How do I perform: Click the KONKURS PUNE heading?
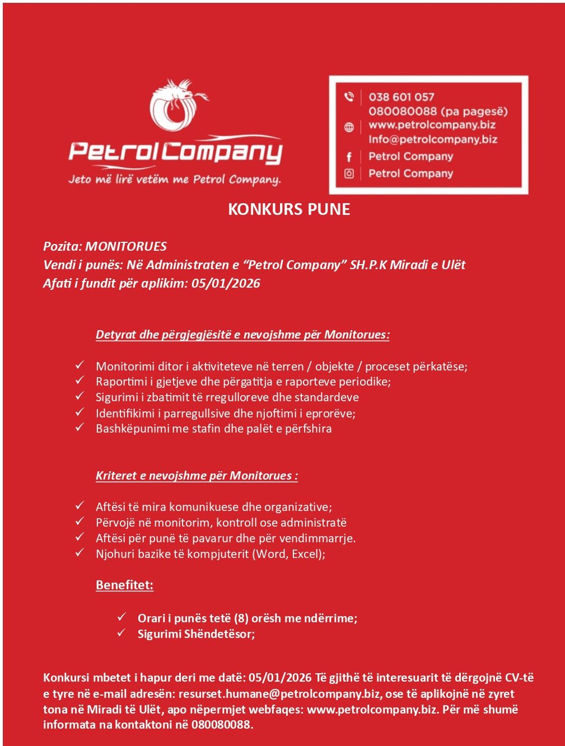(x=289, y=209)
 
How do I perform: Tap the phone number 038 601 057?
(x=401, y=97)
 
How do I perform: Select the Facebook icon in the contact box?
(x=349, y=157)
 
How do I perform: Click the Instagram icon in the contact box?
(x=349, y=173)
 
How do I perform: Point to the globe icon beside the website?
(x=349, y=127)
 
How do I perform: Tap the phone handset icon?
(x=349, y=97)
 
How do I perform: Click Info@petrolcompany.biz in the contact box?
(x=432, y=139)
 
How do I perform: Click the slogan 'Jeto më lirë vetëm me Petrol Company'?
(x=174, y=180)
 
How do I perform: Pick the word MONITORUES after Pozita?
(x=126, y=246)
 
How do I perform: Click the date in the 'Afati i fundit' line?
(x=226, y=283)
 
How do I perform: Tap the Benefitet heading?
(x=124, y=585)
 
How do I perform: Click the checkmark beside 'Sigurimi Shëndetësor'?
(x=122, y=633)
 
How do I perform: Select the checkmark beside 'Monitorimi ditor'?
(x=80, y=365)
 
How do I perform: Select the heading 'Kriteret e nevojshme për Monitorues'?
(x=196, y=475)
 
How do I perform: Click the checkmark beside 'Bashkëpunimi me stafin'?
(x=80, y=427)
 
